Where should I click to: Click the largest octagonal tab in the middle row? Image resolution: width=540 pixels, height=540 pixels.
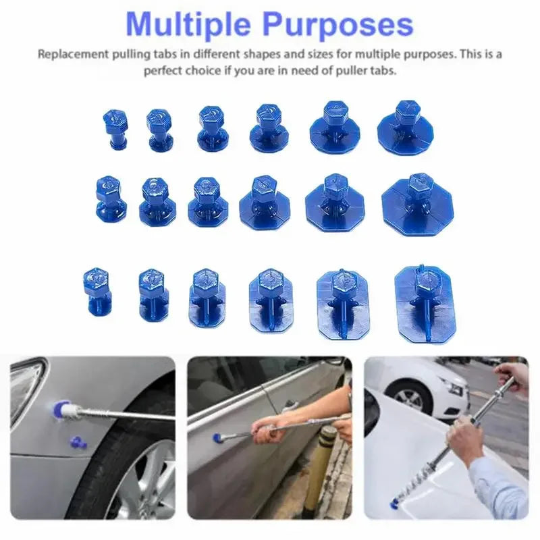pyautogui.click(x=417, y=203)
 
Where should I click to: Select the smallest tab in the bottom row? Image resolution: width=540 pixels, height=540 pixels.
pyautogui.click(x=98, y=290)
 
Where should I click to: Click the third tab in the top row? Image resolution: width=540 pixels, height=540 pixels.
pyautogui.click(x=212, y=128)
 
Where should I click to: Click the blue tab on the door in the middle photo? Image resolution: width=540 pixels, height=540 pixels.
pyautogui.click(x=218, y=438)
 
